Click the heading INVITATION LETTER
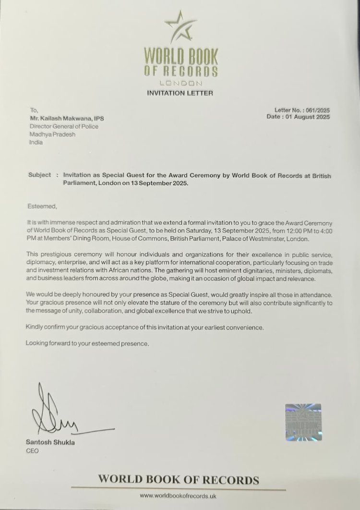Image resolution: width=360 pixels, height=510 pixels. pyautogui.click(x=180, y=93)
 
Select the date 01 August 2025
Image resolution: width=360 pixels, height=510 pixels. pyautogui.click(x=310, y=117)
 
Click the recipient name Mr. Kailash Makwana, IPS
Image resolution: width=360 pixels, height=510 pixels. pyautogui.click(x=68, y=119)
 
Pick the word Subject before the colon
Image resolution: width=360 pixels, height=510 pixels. pyautogui.click(x=39, y=175)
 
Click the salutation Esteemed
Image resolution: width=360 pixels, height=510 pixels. pyautogui.click(x=41, y=206)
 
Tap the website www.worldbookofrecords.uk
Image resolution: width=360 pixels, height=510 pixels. pyautogui.click(x=180, y=495)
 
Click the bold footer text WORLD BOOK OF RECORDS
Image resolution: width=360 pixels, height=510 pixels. pyautogui.click(x=179, y=479)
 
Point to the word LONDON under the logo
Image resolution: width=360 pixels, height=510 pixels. pyautogui.click(x=180, y=84)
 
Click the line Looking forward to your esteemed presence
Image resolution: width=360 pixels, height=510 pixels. pyautogui.click(x=87, y=343)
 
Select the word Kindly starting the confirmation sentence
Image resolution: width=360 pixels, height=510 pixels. pyautogui.click(x=36, y=328)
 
